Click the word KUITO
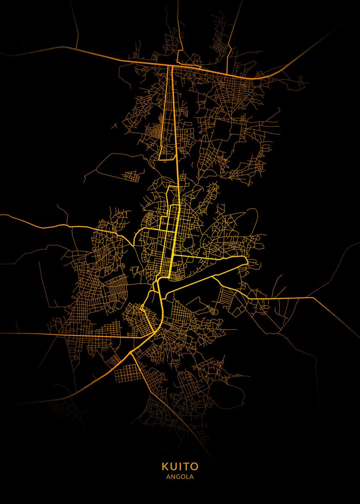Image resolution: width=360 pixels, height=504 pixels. pos(180,467)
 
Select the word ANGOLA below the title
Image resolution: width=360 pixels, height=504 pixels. pos(180,477)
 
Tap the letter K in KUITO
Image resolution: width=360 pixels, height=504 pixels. pos(164,467)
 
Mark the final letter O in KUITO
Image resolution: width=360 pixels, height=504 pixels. pos(195,467)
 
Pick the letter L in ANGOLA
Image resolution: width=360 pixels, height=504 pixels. pos(187,477)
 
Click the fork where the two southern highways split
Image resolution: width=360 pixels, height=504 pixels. pos(131,352)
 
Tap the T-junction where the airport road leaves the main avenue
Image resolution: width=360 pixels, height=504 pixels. pos(173,255)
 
